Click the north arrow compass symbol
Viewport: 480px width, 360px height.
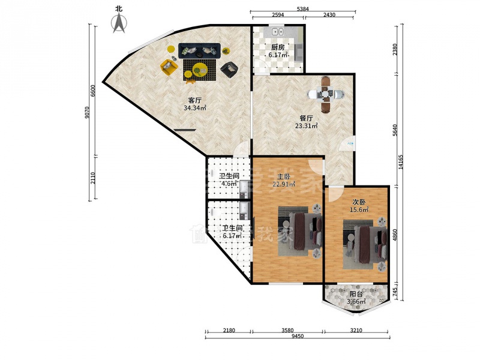point(119,23)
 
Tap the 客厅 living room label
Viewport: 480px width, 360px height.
point(194,100)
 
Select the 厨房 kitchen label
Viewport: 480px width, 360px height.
point(278,47)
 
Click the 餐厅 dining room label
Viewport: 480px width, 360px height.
point(306,118)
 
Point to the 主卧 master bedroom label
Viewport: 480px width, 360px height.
point(284,177)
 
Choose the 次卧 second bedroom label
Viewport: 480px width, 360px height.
point(359,202)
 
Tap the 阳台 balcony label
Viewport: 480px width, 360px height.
point(356,294)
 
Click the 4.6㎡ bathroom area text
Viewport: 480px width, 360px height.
point(229,184)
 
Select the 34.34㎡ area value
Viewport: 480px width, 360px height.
point(194,108)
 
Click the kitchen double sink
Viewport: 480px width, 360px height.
point(278,31)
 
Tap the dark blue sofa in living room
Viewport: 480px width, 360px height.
point(200,50)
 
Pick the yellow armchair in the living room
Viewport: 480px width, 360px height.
point(169,67)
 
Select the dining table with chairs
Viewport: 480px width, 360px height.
point(325,94)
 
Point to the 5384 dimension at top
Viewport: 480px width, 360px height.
point(303,9)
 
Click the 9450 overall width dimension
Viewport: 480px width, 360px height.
point(297,336)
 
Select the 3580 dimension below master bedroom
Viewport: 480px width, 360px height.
point(287,330)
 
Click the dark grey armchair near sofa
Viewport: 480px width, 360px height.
point(229,70)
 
